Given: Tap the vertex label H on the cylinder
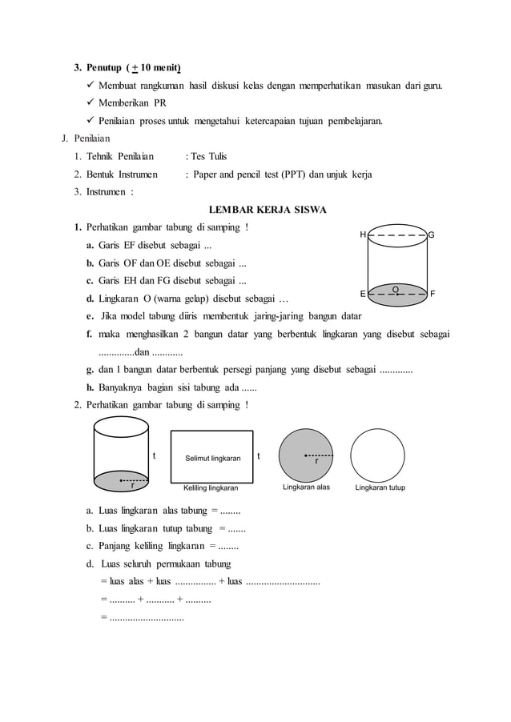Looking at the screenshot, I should pyautogui.click(x=362, y=235).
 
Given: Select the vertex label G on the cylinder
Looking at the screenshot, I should pyautogui.click(x=432, y=235).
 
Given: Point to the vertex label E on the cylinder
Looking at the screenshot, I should pyautogui.click(x=362, y=294).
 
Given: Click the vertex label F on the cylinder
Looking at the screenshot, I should pyautogui.click(x=433, y=294).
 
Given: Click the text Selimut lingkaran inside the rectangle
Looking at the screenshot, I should pyautogui.click(x=212, y=459).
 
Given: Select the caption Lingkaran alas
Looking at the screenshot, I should pyautogui.click(x=308, y=487).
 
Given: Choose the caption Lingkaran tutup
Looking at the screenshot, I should pyautogui.click(x=380, y=487).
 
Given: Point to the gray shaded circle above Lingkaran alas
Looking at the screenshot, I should pyautogui.click(x=307, y=455).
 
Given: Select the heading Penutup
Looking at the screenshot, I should pyautogui.click(x=107, y=66).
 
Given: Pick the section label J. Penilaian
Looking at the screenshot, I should pyautogui.click(x=90, y=138).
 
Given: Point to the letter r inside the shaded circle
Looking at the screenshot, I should pyautogui.click(x=316, y=462).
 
